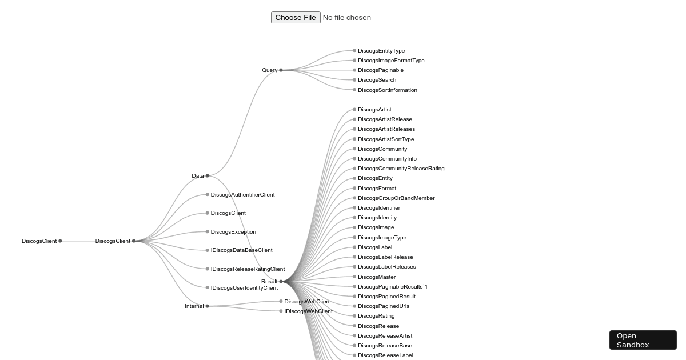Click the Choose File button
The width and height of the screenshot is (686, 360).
[296, 18]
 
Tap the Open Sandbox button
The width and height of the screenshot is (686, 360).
[643, 340]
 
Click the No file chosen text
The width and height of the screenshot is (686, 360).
[346, 18]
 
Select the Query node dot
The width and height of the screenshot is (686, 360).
[281, 70]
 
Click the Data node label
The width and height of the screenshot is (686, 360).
[198, 176]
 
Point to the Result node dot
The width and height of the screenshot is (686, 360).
[281, 281]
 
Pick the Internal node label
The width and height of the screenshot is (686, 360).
[194, 306]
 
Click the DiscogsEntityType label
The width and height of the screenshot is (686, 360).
[381, 51]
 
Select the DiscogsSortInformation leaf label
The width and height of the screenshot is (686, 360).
[388, 90]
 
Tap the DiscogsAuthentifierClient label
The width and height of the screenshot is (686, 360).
[242, 195]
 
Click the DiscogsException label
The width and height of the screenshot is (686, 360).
[233, 232]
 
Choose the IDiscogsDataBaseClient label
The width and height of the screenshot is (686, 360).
[241, 250]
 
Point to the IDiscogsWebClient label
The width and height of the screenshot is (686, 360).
[308, 311]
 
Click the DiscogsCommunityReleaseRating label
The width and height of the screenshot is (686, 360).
[401, 169]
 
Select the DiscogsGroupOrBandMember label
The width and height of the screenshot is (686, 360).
[396, 198]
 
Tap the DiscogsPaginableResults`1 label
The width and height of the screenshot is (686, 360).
[393, 286]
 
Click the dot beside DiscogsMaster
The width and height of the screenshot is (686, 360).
[354, 277]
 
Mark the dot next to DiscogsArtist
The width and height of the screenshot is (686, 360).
[354, 109]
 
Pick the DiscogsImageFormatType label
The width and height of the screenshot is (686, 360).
[391, 61]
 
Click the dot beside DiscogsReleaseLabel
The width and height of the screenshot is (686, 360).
[354, 355]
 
